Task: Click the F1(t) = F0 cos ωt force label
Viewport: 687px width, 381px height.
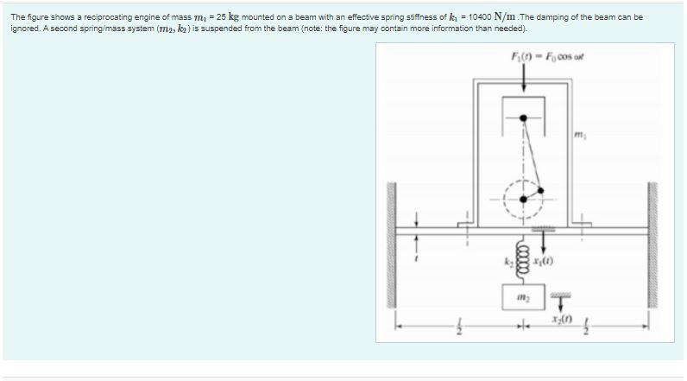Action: click(547, 56)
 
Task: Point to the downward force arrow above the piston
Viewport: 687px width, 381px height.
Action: click(524, 77)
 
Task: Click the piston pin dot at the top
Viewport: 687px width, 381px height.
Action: click(523, 118)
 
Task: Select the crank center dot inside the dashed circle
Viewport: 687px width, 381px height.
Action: click(523, 199)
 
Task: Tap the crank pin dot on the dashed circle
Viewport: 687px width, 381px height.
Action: click(540, 190)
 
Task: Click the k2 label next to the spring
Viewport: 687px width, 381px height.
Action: click(508, 263)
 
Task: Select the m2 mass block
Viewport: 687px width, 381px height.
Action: click(523, 297)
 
